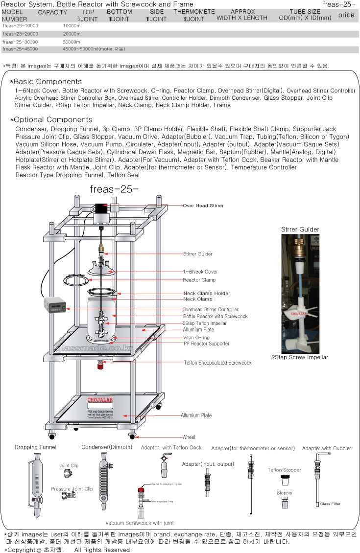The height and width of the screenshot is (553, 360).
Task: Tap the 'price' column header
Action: [x=346, y=15]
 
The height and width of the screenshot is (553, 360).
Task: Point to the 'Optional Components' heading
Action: [x=52, y=120]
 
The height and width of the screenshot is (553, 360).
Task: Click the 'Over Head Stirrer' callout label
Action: [x=203, y=206]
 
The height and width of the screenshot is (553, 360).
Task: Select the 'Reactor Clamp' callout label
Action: [x=199, y=280]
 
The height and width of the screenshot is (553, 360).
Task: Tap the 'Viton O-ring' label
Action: [x=196, y=338]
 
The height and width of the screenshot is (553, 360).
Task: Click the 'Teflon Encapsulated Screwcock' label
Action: [x=217, y=363]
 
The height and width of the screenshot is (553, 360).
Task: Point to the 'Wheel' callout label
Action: [x=189, y=437]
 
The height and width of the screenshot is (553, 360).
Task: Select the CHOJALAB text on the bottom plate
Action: [x=101, y=400]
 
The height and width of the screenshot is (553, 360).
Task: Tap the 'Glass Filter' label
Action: [x=330, y=504]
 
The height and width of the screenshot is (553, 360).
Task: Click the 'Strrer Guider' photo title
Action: [x=300, y=229]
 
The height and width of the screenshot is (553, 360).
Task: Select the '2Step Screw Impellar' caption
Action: [x=300, y=357]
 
